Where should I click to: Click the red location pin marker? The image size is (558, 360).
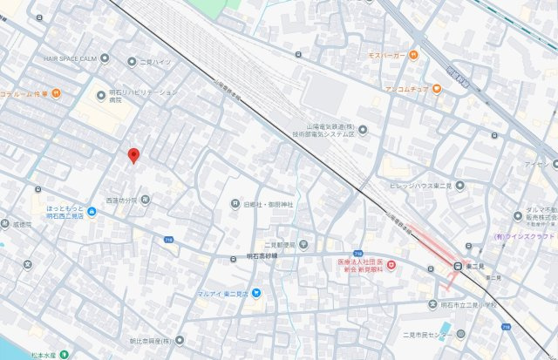click(x=133, y=156)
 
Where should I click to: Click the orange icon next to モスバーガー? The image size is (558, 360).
click(x=415, y=55)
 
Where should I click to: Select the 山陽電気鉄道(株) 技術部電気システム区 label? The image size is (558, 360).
click(x=323, y=131)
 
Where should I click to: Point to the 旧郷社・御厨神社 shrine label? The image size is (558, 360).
click(x=268, y=204)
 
